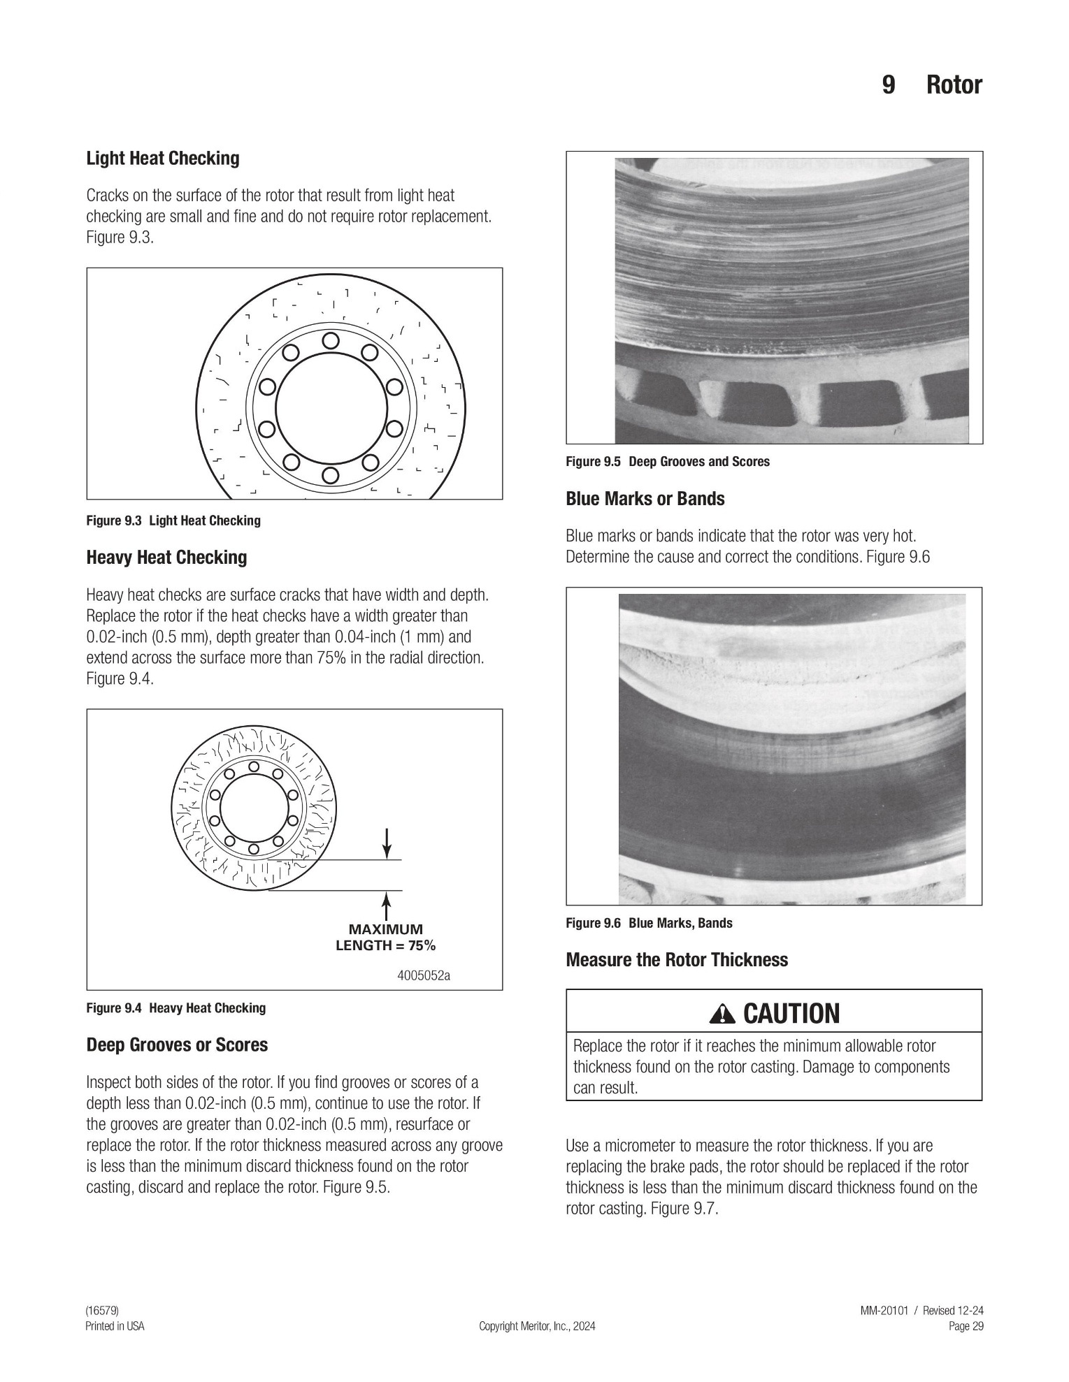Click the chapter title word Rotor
click(954, 85)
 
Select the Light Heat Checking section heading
click(163, 159)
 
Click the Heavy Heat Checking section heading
click(166, 558)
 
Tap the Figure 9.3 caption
click(173, 521)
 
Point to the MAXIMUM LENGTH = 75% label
click(386, 938)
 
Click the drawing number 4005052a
click(424, 975)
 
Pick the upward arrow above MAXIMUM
click(386, 906)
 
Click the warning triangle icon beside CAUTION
click(722, 1014)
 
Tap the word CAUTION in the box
click(791, 1014)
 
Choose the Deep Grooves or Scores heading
click(177, 1045)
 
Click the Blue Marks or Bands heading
click(645, 499)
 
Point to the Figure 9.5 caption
click(668, 462)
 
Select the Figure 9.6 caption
click(650, 923)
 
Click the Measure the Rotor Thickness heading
click(677, 960)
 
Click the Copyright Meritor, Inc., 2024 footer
click(537, 1326)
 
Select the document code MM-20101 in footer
click(884, 1311)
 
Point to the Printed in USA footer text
click(115, 1326)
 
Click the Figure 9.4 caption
click(176, 1008)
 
